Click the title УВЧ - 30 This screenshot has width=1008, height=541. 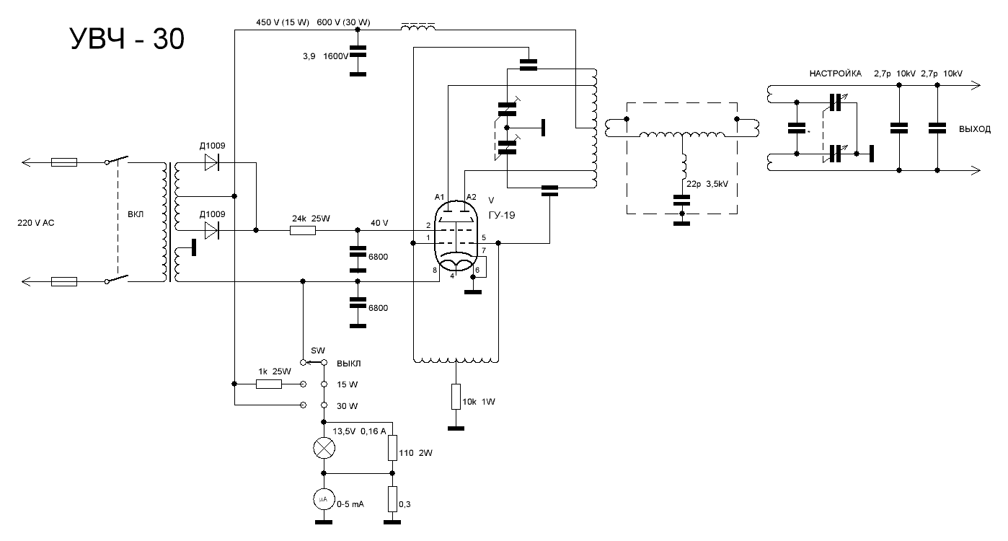point(128,39)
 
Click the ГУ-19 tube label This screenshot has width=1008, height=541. point(502,215)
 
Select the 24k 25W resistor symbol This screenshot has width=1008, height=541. point(302,230)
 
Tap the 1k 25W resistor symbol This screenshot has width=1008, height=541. point(269,384)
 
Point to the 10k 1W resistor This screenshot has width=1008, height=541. point(456,397)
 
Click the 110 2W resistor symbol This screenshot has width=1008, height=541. point(392,448)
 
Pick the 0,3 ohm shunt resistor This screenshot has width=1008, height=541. point(392,499)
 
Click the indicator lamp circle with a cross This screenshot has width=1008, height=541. point(324,448)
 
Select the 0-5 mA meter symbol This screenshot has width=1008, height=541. point(324,499)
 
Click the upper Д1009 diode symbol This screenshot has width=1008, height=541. point(211,162)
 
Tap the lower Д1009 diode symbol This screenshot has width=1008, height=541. point(211,230)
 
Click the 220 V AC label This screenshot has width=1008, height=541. point(36,223)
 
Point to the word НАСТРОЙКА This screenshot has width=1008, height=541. point(836,74)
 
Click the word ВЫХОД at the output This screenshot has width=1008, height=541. point(975,129)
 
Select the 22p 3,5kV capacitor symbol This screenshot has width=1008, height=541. point(682,201)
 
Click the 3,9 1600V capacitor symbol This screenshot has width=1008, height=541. point(358,51)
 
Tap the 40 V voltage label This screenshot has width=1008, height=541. point(379,223)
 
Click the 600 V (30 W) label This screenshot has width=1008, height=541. point(343,22)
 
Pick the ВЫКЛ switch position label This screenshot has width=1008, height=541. point(349,364)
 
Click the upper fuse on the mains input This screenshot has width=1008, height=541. point(64,162)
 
